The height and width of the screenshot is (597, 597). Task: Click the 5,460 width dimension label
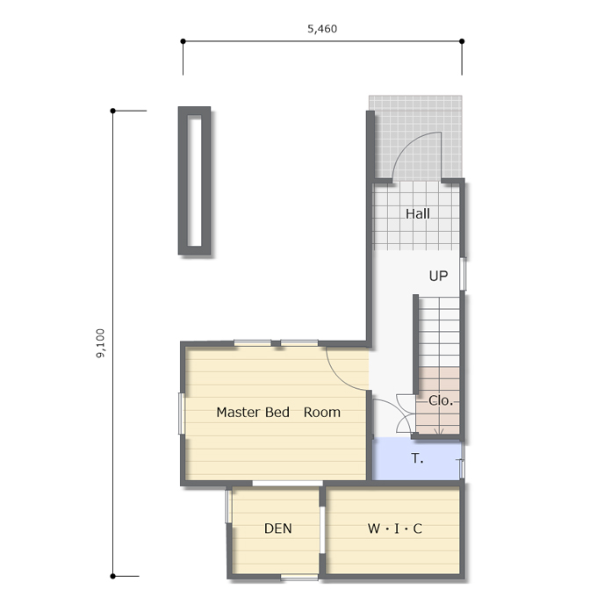click(x=322, y=29)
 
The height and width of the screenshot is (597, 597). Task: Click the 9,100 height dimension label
click(x=100, y=343)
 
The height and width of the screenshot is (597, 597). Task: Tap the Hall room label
click(x=418, y=213)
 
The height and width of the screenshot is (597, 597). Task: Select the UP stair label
click(x=438, y=276)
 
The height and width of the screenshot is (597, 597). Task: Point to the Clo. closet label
click(x=441, y=400)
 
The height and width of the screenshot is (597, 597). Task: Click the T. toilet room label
click(x=417, y=458)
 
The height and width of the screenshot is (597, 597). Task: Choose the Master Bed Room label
click(x=278, y=412)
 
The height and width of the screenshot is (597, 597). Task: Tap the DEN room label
click(x=278, y=529)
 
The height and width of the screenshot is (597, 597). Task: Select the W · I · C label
click(x=395, y=529)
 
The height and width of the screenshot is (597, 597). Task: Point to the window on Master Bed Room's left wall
click(x=182, y=414)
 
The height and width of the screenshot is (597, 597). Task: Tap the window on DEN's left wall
click(x=228, y=507)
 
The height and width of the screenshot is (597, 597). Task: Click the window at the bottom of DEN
click(x=299, y=578)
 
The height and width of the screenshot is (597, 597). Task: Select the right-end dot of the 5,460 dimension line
click(x=462, y=41)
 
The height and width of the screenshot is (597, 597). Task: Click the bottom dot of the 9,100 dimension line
click(x=112, y=576)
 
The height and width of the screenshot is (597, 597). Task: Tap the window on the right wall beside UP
click(x=463, y=274)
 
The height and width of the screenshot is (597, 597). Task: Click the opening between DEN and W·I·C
click(x=322, y=529)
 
